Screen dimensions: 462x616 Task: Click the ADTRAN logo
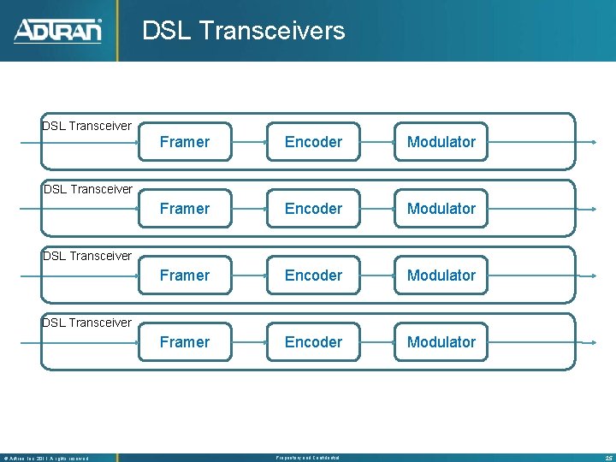click(57, 31)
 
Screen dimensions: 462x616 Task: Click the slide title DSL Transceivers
click(243, 31)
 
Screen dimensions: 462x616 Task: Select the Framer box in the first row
click(185, 142)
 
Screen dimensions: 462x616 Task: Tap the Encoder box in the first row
click(313, 142)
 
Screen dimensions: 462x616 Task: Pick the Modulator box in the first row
click(441, 142)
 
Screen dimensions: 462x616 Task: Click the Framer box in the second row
click(185, 209)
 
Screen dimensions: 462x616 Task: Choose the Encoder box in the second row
click(313, 209)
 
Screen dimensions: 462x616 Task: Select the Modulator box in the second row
click(441, 209)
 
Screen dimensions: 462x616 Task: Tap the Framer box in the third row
click(185, 275)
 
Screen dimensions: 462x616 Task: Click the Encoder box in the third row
click(313, 275)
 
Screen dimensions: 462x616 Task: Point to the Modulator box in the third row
click(441, 275)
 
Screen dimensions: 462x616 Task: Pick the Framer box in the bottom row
click(185, 342)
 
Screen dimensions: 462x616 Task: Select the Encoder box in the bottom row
click(313, 342)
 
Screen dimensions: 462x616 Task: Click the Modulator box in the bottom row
click(441, 342)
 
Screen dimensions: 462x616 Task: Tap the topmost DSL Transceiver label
click(87, 126)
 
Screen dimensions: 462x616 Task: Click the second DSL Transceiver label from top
click(87, 189)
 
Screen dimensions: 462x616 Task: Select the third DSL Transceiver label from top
click(87, 256)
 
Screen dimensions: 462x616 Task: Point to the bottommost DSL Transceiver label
click(87, 323)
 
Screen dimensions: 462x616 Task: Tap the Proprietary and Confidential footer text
click(307, 458)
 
